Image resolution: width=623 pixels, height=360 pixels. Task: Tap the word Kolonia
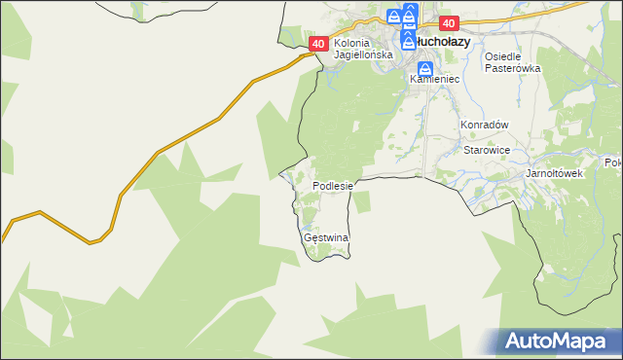[x=352, y=43]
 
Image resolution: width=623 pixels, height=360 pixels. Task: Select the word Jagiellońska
[x=362, y=55]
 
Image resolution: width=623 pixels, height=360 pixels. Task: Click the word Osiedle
[x=504, y=56]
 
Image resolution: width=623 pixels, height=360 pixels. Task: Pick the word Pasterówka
[x=512, y=69]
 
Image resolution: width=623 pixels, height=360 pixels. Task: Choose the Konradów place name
[x=485, y=126]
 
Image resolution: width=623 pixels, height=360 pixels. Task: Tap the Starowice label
[x=487, y=151]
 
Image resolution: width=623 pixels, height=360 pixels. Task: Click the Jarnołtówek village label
[x=553, y=173]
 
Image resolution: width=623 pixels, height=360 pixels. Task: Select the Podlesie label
[x=337, y=185]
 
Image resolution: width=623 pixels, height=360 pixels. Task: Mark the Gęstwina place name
[x=326, y=237]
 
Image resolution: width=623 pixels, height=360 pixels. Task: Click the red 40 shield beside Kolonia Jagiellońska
[x=318, y=44]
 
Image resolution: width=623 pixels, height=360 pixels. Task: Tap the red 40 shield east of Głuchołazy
[x=448, y=23]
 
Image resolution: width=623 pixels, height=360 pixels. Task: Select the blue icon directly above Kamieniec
[x=425, y=70]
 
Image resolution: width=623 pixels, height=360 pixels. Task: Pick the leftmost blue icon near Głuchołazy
[x=393, y=17]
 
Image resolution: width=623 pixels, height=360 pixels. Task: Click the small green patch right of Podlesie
[x=361, y=201]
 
